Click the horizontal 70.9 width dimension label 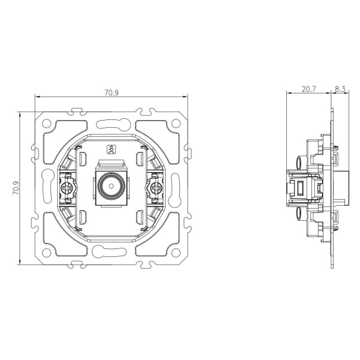(x=112, y=93)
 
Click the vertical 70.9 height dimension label (x=16, y=188)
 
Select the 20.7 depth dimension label (x=308, y=89)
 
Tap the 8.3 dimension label (x=340, y=89)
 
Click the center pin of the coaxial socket (x=112, y=186)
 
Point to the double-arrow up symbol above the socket (x=112, y=149)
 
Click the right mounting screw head (x=156, y=188)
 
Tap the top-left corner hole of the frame (x=47, y=123)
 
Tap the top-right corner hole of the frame (x=176, y=123)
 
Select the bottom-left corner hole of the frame (x=47, y=253)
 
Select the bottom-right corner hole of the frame (x=176, y=253)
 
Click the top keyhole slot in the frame (x=113, y=124)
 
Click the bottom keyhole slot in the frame (x=110, y=251)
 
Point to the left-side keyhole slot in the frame (x=47, y=186)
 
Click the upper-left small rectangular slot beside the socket (x=82, y=158)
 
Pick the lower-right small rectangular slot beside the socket (x=140, y=217)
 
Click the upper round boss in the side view (x=299, y=162)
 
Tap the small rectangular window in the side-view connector (x=300, y=188)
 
